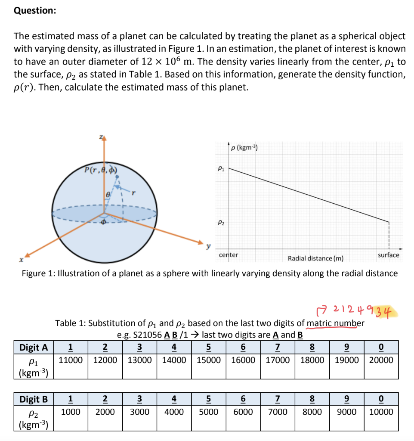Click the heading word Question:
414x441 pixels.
(35, 11)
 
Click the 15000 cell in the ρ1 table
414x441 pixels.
(209, 360)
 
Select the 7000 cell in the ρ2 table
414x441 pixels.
(278, 411)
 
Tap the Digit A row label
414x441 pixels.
(34, 347)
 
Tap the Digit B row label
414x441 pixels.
(34, 399)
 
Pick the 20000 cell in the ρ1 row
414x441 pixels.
(381, 360)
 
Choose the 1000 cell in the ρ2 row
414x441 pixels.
(71, 411)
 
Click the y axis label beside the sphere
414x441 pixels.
(209, 246)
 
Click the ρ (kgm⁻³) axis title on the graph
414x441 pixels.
(244, 148)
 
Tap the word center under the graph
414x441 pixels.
(229, 255)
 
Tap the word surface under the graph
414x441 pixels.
(388, 255)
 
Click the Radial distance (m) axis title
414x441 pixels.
(315, 258)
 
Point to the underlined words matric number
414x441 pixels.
(335, 323)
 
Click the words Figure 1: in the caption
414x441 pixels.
(38, 273)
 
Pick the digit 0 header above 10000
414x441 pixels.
(381, 399)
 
